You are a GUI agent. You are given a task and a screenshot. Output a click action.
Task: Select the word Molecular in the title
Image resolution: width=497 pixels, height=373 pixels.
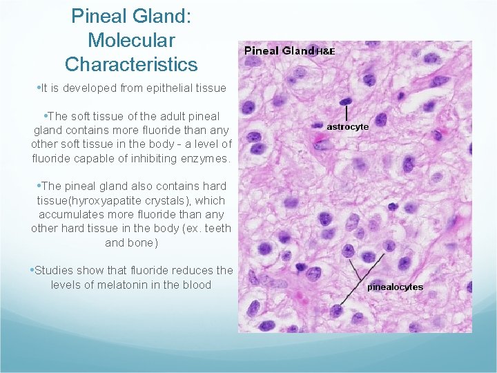131,40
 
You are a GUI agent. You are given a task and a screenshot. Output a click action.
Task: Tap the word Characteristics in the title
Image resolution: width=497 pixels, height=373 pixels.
131,65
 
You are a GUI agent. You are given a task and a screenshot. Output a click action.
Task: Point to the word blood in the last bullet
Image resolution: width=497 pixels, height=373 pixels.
197,285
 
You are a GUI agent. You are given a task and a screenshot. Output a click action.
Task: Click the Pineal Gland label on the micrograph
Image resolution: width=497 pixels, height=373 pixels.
279,50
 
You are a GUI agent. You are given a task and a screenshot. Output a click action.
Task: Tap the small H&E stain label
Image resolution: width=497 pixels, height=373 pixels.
325,51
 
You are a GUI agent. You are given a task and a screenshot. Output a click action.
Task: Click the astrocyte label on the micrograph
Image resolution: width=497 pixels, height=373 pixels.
347,126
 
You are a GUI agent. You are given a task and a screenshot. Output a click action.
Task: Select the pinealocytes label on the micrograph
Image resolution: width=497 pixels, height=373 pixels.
395,287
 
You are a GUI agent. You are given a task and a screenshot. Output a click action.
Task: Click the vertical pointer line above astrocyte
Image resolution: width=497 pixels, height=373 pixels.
344,113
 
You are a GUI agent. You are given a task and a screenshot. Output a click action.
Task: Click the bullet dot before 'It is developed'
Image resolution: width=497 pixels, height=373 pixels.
37,88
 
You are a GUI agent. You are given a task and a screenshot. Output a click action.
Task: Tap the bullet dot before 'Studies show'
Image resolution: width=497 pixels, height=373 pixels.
31,271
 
